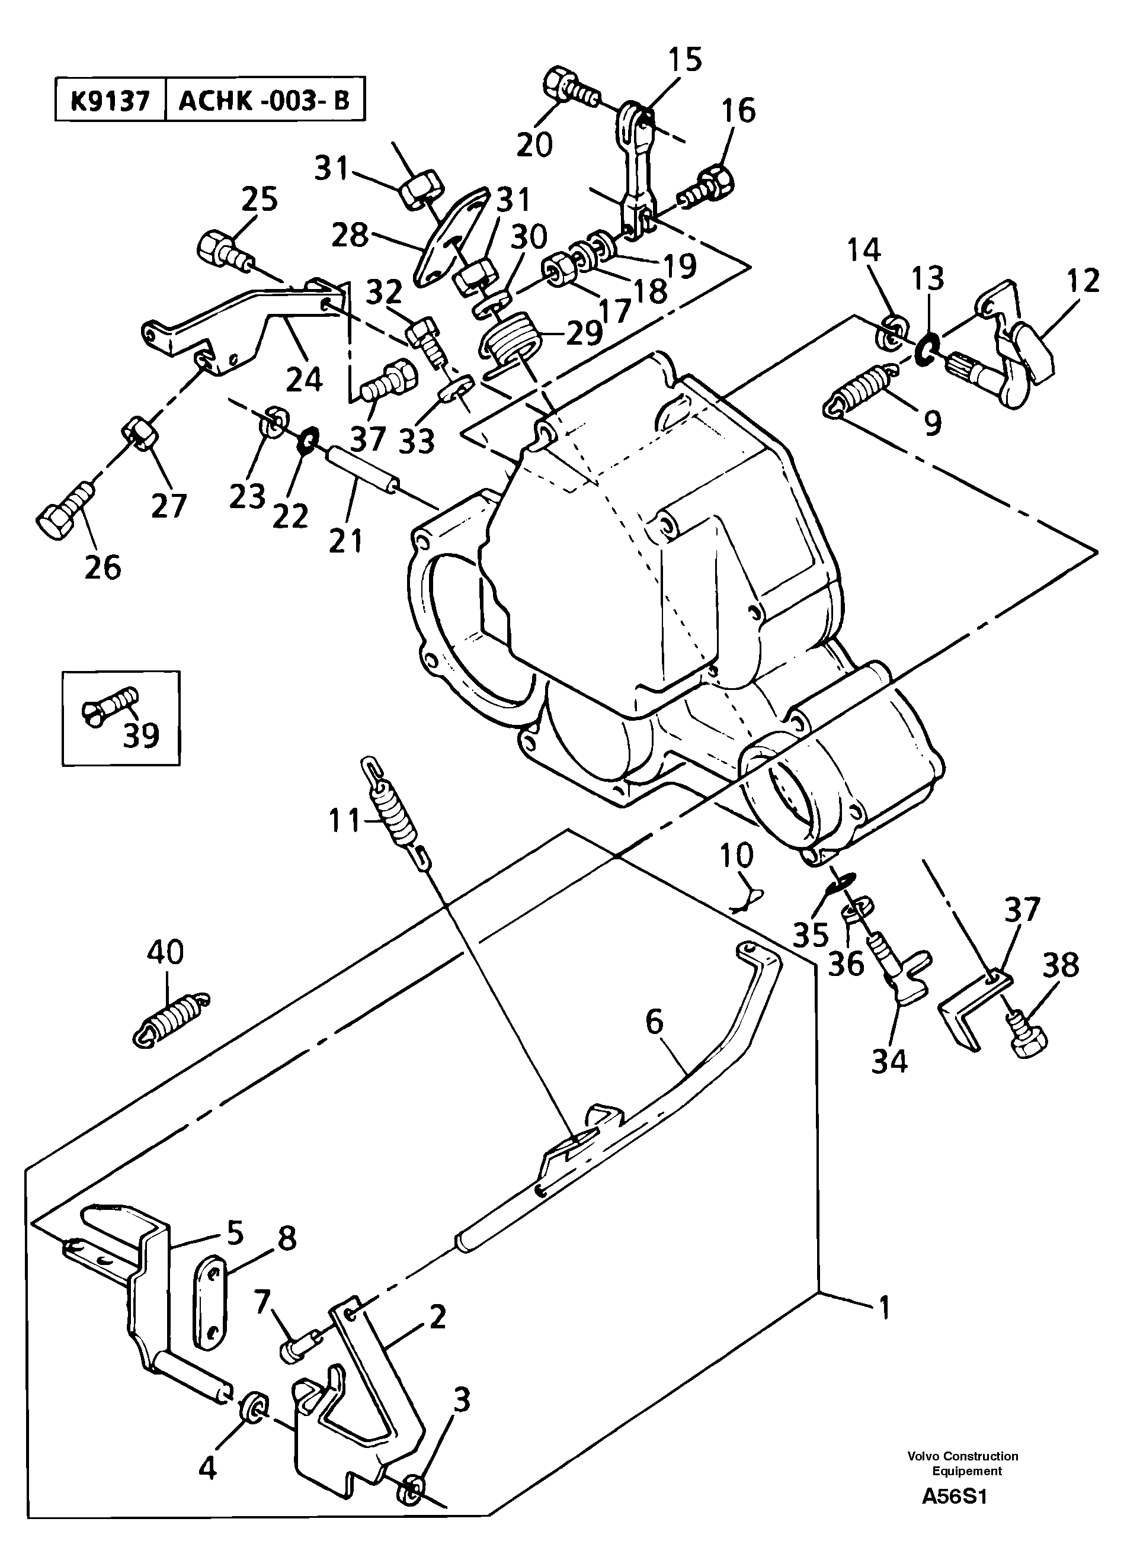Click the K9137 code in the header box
[x=110, y=101]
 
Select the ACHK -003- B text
[x=264, y=101]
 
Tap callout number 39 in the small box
[x=142, y=736]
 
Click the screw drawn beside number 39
[x=110, y=704]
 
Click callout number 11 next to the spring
[x=344, y=821]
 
